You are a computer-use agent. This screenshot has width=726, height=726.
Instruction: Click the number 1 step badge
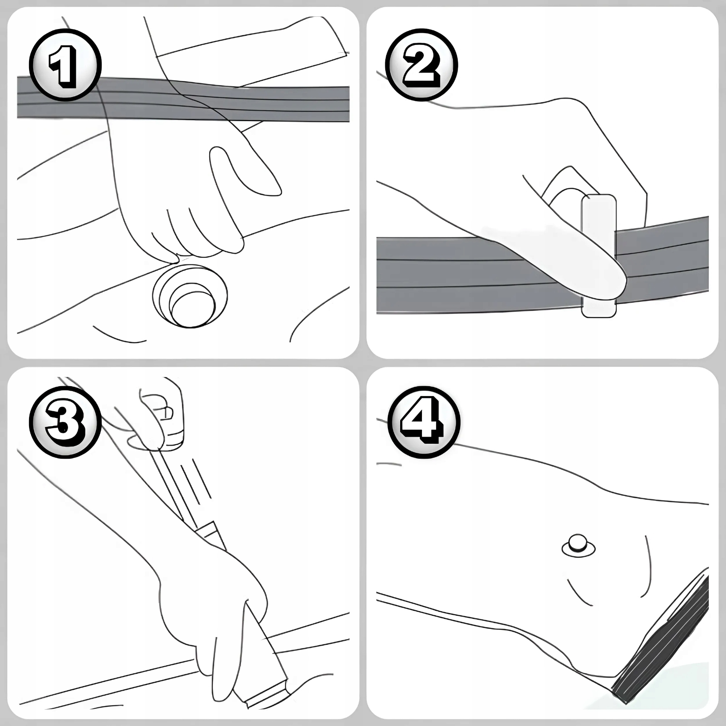click(65, 65)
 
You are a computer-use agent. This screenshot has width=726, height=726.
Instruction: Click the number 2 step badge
click(421, 65)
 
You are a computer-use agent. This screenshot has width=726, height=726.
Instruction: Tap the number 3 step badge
click(65, 423)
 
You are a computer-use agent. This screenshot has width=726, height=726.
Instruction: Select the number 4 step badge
click(424, 423)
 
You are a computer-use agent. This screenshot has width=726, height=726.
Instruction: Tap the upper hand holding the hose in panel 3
click(161, 413)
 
